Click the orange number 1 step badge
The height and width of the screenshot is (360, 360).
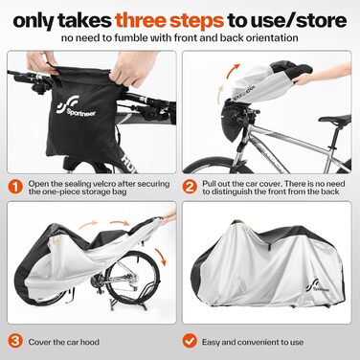tap(15, 188)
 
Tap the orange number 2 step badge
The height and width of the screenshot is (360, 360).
tap(190, 188)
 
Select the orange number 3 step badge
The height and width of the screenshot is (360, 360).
tap(15, 341)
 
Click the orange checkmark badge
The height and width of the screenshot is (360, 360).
tap(190, 341)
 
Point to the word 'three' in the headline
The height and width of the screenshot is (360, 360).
tap(141, 20)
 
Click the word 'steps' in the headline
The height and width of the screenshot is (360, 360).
tap(196, 21)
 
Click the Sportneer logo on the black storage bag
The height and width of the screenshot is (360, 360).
tap(76, 107)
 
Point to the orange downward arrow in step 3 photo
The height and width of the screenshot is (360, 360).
tap(161, 257)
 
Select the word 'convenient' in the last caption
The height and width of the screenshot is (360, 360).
tap(256, 342)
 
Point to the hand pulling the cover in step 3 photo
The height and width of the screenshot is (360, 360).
tap(168, 216)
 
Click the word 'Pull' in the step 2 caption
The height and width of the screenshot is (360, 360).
tap(208, 184)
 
